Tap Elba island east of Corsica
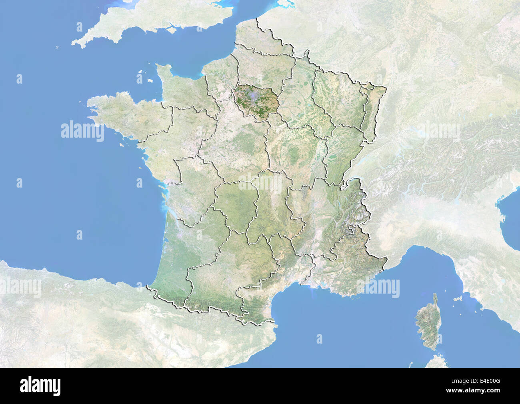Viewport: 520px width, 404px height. coord(456,299)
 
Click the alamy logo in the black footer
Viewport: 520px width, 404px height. coord(40,386)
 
